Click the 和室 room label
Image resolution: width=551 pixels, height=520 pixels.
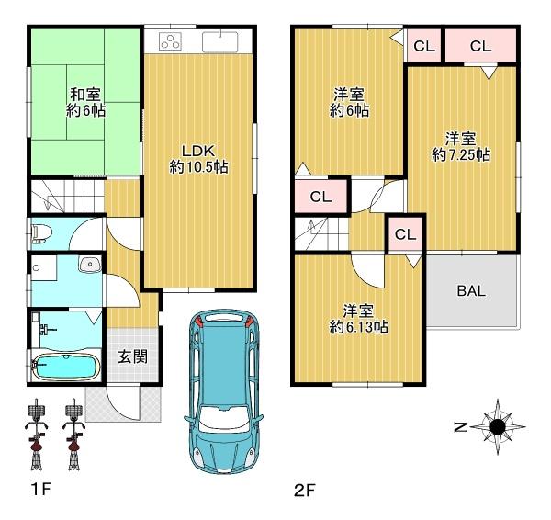[85, 95]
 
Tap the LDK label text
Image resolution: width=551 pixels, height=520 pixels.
[198, 152]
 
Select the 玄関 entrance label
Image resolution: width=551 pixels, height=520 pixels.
[132, 356]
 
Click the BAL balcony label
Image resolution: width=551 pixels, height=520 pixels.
[471, 290]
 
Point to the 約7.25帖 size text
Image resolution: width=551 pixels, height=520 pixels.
[461, 154]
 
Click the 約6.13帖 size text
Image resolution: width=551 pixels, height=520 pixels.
[358, 327]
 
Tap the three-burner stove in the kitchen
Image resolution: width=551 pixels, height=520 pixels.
[171, 40]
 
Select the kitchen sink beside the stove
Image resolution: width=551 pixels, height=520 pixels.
[220, 41]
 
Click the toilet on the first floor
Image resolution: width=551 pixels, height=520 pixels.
[42, 232]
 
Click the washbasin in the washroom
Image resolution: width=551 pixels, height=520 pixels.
[90, 265]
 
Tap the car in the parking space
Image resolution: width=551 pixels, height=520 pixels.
[223, 391]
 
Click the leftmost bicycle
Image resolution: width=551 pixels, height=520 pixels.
[36, 435]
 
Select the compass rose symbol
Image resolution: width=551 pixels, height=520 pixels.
[498, 427]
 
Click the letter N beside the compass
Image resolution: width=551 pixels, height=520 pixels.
[461, 427]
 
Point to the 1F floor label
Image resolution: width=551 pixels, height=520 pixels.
[41, 490]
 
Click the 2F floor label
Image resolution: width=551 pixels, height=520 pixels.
[305, 490]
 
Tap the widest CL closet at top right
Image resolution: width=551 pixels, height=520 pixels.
[480, 46]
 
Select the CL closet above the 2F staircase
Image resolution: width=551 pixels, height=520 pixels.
[320, 197]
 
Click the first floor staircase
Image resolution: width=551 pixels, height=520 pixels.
[68, 197]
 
